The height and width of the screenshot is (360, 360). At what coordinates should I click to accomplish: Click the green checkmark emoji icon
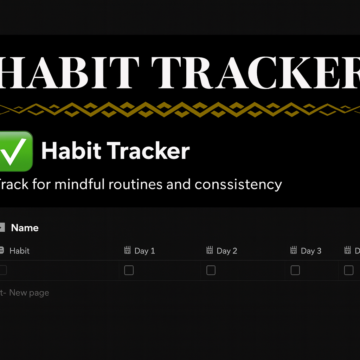click(x=16, y=151)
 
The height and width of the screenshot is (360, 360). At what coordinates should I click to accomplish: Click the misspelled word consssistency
click(x=238, y=184)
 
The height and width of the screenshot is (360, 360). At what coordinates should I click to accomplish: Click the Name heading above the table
click(x=25, y=228)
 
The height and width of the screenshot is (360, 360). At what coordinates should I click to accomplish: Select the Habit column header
click(x=19, y=251)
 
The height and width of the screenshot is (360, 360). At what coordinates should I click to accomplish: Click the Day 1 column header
click(x=144, y=251)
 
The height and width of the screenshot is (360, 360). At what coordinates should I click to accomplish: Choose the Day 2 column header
click(x=227, y=251)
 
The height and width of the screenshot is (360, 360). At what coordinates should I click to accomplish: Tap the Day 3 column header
click(x=311, y=251)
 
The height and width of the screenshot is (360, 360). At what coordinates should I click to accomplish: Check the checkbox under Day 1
click(x=129, y=270)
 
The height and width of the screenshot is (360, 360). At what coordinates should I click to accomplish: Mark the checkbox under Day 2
click(x=211, y=270)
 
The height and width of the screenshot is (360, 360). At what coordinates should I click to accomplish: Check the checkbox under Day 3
click(x=295, y=270)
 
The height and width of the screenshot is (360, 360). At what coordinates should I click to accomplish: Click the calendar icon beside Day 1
click(x=128, y=250)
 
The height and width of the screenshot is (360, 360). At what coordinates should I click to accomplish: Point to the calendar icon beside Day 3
click(x=294, y=250)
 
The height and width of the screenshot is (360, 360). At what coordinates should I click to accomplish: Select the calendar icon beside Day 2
click(x=210, y=250)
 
